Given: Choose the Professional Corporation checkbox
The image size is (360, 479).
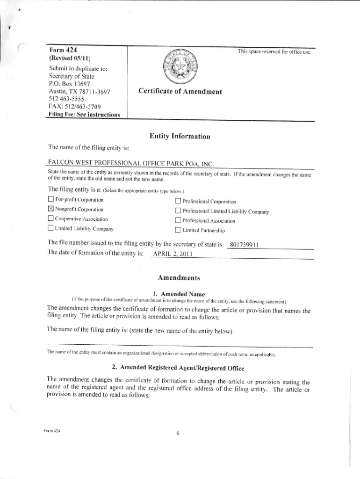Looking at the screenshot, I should coord(178,202).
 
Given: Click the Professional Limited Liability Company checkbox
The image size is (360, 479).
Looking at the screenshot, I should coord(178,211).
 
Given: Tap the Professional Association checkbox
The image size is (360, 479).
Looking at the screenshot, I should coord(178,221).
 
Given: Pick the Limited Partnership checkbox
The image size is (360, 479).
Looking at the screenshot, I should coord(178,230).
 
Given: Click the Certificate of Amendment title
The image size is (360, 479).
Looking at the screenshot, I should coord(180,92).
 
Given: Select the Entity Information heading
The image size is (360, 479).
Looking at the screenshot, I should coord(180,137).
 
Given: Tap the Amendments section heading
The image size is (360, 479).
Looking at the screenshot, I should coord(180,278).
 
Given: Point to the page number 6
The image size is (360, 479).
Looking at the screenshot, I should coord(178,433).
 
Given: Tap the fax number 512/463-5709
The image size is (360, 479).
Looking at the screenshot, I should coord(73,107).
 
